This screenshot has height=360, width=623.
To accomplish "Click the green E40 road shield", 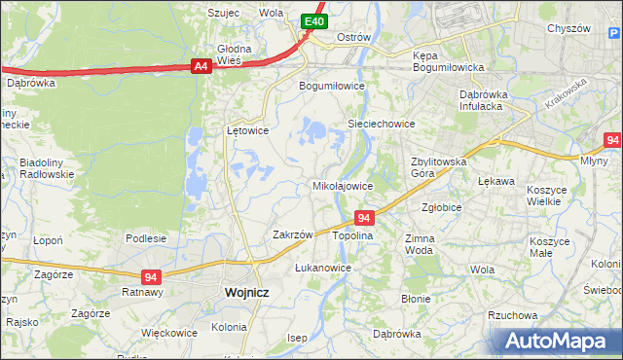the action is [x=312, y=20].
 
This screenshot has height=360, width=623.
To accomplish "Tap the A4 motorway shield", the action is [x=201, y=66].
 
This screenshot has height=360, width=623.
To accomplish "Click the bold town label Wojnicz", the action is [x=246, y=291].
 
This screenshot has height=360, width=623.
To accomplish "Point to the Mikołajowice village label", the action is [x=342, y=185].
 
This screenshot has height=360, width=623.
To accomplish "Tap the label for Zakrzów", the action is [x=292, y=234].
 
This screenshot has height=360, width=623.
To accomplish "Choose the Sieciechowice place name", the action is [x=383, y=125].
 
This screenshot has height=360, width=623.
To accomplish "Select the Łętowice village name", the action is [x=247, y=129].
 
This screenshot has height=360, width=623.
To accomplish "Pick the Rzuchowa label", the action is [x=513, y=315].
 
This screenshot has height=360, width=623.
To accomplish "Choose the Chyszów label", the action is [x=569, y=28].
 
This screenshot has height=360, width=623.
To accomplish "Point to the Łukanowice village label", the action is [x=322, y=267].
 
